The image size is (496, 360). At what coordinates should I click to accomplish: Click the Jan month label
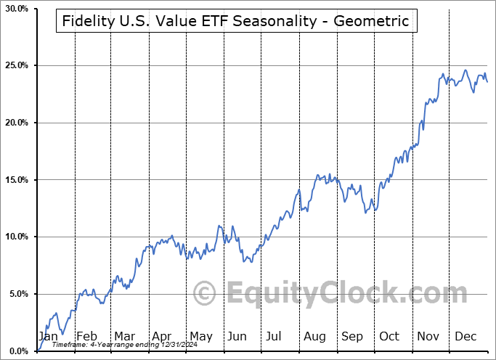pos(48,336)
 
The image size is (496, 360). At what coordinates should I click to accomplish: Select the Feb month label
pos(86,336)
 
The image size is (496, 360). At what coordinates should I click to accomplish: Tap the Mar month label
pos(124,336)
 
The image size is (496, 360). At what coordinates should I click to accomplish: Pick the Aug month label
pos(314,336)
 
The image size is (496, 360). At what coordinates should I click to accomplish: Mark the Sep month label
pos(352,336)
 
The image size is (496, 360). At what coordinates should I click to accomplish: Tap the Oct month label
pos(390,336)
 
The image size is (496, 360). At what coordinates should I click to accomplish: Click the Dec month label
pos(465,336)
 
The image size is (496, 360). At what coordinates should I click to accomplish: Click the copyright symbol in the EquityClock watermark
pos(206,294)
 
